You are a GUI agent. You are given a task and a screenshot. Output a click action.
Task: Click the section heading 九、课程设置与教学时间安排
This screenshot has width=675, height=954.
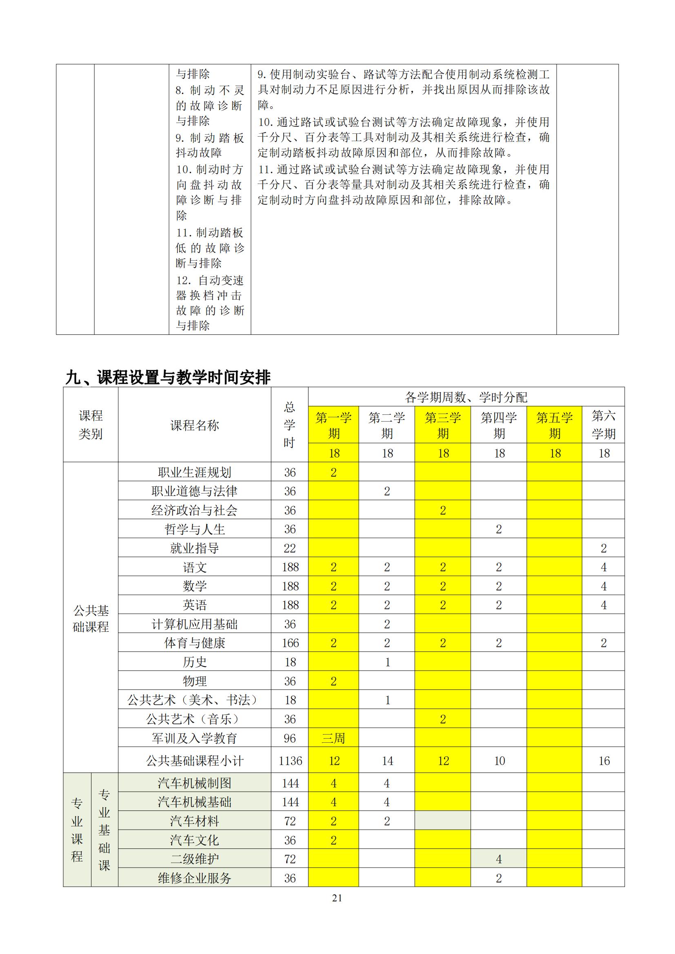point(168,377)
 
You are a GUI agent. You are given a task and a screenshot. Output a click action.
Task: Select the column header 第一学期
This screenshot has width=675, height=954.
point(333,425)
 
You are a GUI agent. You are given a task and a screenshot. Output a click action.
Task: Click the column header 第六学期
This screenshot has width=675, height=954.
point(603,425)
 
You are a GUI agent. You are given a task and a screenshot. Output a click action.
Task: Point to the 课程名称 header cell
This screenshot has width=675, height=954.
point(195,425)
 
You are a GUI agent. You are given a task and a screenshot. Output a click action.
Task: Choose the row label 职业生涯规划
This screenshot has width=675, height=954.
point(195,472)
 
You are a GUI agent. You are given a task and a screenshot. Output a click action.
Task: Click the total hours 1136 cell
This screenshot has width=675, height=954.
point(290,760)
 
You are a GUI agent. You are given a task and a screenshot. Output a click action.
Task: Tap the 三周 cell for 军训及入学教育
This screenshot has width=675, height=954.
point(333,738)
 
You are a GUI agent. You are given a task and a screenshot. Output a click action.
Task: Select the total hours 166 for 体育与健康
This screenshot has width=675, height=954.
point(290,643)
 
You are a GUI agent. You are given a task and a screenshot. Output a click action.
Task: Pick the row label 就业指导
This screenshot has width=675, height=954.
point(195,548)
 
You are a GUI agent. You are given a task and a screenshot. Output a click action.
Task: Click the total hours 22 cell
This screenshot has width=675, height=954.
point(290,548)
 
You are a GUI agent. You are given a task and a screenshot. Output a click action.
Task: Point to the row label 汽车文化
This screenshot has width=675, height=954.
point(195,840)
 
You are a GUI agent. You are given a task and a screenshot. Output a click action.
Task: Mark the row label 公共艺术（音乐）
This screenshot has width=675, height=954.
point(195,719)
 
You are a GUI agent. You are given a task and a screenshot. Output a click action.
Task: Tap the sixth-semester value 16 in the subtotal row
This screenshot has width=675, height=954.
point(604,760)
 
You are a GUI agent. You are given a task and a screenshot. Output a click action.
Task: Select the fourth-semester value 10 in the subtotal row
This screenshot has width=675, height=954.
point(499,760)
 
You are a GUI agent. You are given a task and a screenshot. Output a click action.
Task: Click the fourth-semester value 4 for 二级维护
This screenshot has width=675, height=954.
point(499,859)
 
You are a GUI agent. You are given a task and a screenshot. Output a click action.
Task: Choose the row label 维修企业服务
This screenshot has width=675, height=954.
point(195,878)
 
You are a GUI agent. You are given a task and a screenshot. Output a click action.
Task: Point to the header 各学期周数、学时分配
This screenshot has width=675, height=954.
point(466,397)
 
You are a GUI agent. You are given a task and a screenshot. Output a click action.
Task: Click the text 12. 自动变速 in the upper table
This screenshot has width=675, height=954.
point(210,281)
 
